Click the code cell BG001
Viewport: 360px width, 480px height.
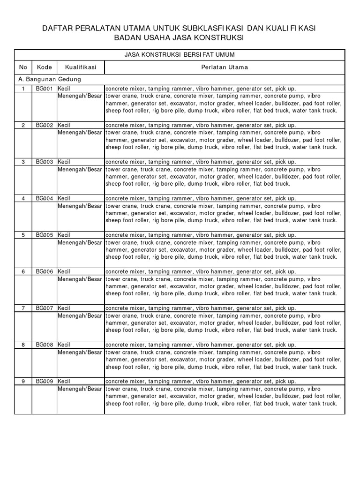point(45,89)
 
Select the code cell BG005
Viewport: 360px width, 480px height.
point(45,235)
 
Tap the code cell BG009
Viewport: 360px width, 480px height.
point(45,382)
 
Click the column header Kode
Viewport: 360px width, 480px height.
point(44,67)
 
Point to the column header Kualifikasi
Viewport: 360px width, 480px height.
point(81,67)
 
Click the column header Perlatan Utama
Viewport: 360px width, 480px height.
point(225,67)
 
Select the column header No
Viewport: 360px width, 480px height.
point(23,67)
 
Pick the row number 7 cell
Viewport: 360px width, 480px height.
point(23,308)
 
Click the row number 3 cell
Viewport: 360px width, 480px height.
point(23,162)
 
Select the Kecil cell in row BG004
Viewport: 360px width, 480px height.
point(64,198)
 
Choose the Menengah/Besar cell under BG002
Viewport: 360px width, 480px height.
point(80,133)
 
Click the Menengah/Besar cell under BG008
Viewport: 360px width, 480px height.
point(80,352)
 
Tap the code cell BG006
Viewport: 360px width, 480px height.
point(45,271)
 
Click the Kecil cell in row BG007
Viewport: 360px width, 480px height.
point(64,308)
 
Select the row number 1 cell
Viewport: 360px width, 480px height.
point(23,89)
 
